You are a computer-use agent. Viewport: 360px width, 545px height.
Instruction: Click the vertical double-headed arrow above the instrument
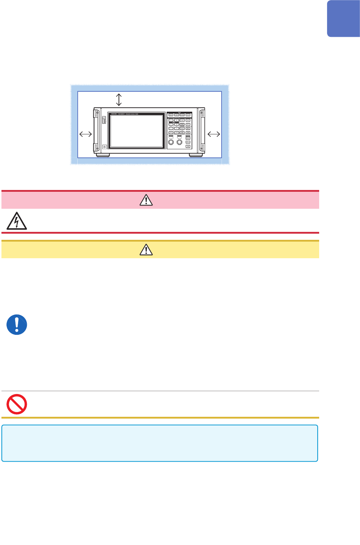[x=119, y=99]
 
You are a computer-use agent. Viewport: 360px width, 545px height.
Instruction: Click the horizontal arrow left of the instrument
[x=85, y=134]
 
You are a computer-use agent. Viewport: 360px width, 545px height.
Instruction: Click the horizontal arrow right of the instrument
[x=214, y=134]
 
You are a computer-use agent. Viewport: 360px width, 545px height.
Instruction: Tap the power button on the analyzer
[x=104, y=147]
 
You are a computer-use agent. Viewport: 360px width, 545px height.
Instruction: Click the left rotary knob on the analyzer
[x=171, y=142]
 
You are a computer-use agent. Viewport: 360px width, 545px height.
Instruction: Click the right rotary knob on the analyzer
[x=179, y=142]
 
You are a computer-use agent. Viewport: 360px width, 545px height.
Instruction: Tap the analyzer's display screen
[x=136, y=131]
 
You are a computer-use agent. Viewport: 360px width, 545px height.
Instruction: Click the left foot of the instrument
[x=103, y=155]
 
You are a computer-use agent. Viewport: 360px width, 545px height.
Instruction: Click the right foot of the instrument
[x=196, y=155]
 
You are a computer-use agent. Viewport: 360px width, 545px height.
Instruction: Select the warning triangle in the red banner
[x=146, y=200]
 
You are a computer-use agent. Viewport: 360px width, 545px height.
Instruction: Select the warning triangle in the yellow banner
[x=146, y=250]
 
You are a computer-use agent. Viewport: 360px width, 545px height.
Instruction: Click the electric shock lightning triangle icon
[x=16, y=221]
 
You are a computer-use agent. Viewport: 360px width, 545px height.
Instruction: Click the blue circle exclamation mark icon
[x=17, y=324]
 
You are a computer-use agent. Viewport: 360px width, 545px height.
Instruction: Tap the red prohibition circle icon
[x=17, y=404]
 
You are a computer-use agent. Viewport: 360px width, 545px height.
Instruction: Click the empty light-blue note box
[x=159, y=443]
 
